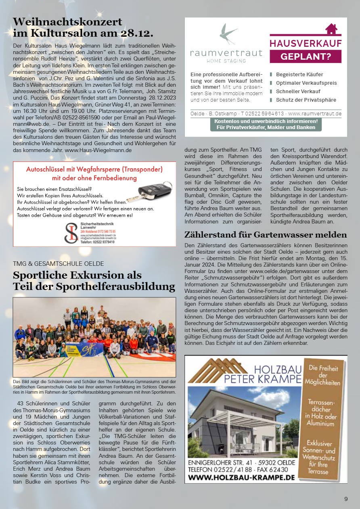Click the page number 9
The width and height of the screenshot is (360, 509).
346,499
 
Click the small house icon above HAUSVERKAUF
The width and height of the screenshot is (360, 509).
331,29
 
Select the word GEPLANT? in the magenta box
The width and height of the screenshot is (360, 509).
306,56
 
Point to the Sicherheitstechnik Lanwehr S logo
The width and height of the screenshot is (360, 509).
71,233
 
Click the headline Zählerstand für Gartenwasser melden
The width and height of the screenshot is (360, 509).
266,235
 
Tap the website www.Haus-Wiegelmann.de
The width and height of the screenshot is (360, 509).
98,150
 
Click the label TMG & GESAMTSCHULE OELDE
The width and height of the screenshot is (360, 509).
59,264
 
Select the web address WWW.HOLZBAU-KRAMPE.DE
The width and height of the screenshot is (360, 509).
241,478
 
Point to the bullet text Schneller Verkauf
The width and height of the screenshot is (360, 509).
298,92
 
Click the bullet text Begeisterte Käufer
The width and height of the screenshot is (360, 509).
299,75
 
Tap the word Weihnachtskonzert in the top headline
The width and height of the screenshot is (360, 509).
67,21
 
